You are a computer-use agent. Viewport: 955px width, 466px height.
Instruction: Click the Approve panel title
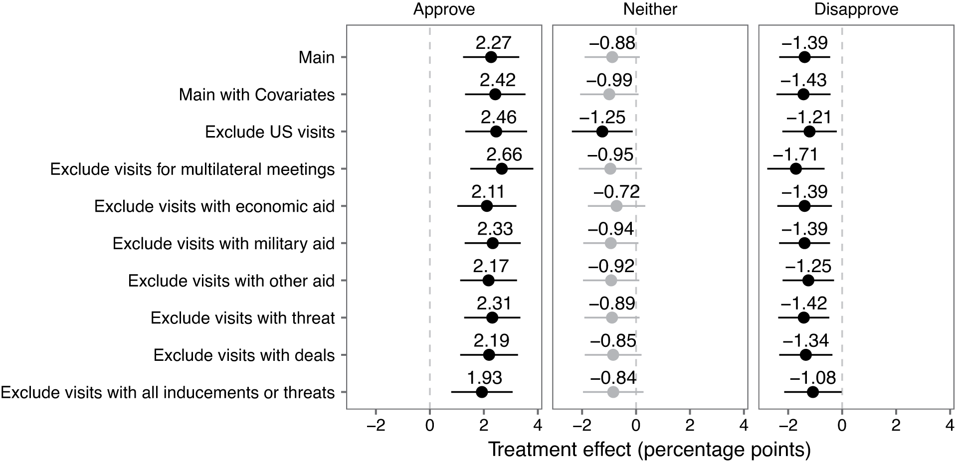[444, 9]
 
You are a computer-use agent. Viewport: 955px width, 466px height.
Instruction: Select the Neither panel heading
[650, 9]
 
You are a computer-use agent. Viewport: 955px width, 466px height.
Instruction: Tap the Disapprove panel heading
[856, 9]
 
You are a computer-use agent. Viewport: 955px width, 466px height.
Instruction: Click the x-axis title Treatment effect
[649, 450]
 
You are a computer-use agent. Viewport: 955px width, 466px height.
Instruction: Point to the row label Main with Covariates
[257, 95]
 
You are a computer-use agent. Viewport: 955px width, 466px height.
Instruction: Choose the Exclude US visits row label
[270, 132]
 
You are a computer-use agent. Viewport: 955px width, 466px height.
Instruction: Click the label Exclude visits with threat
[242, 318]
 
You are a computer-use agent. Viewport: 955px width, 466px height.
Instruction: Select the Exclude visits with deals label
[244, 355]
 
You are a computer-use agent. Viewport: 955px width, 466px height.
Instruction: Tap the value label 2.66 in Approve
[504, 155]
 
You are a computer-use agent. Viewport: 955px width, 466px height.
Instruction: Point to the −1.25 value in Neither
[602, 117]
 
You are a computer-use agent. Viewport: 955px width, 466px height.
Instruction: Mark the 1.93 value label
[484, 378]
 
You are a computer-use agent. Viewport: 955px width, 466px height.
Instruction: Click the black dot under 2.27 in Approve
[491, 57]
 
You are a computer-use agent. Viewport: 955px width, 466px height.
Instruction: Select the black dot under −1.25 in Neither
[602, 132]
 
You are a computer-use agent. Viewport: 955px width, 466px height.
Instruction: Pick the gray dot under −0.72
[616, 206]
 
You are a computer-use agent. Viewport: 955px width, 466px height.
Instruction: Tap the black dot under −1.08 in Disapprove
[813, 392]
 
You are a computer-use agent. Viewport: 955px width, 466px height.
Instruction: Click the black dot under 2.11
[487, 206]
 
